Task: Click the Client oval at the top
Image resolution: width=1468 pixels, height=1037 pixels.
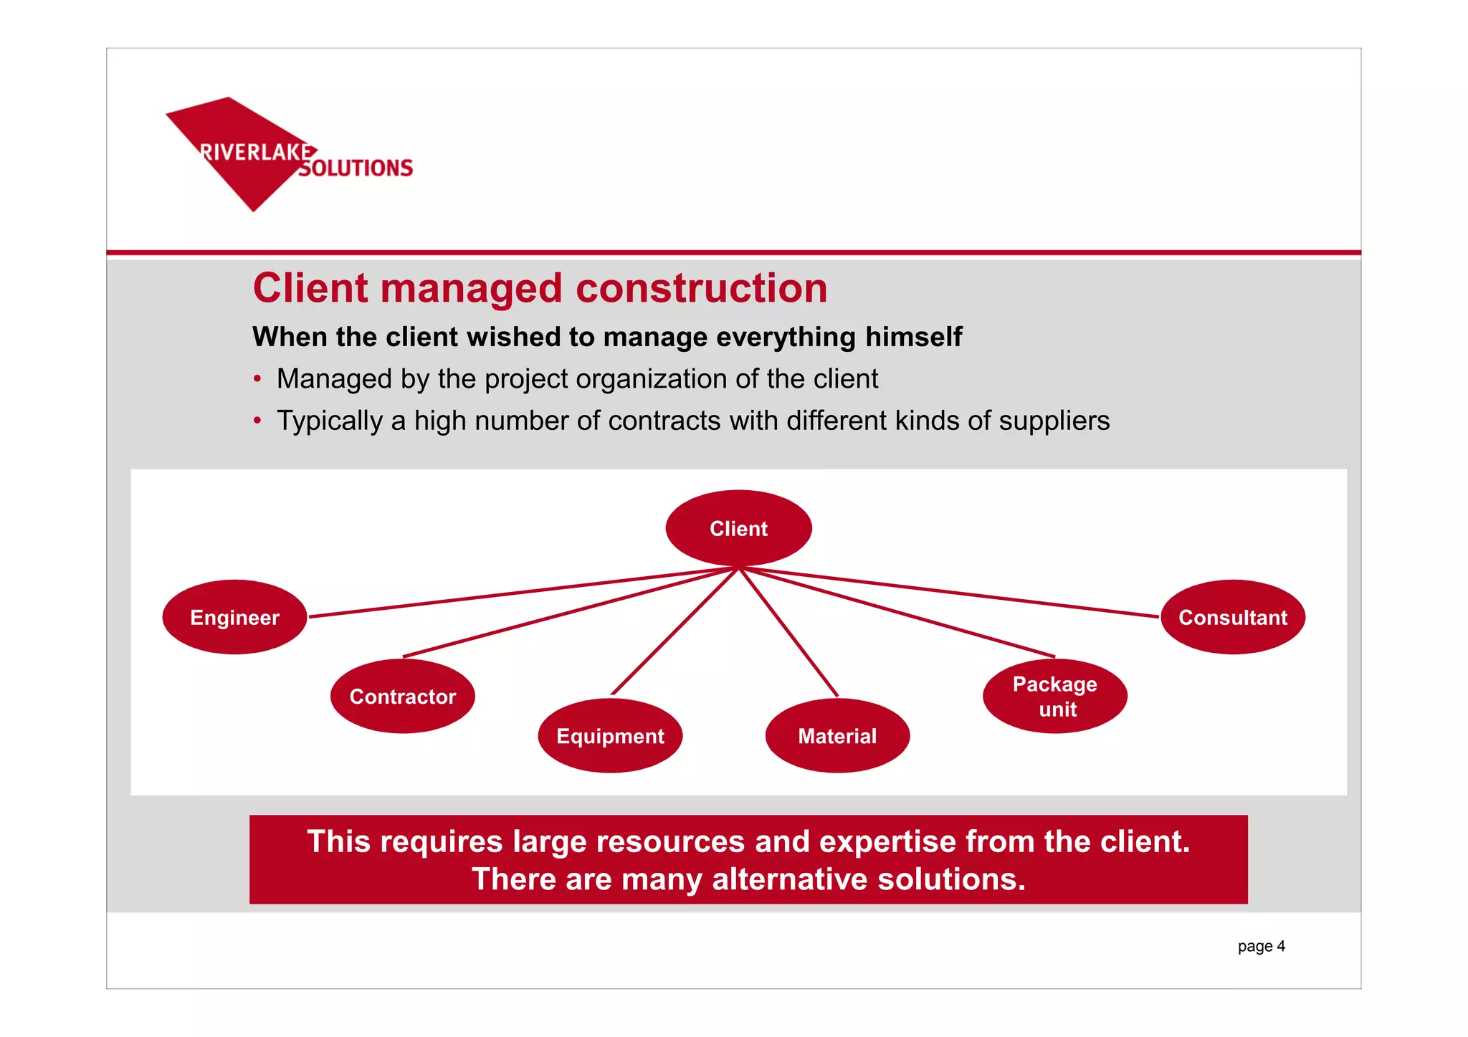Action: [738, 528]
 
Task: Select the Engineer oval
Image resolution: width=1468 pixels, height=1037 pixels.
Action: [234, 617]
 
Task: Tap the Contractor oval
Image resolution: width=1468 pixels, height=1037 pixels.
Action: [402, 696]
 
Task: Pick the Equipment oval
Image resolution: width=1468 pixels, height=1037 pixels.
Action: [610, 736]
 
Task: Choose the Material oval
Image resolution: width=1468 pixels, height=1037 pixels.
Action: [837, 736]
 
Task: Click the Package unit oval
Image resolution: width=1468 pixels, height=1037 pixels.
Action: [1054, 696]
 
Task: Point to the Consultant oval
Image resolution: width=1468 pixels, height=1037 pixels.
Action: [1232, 617]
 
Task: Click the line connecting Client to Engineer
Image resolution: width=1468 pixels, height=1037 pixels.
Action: [523, 592]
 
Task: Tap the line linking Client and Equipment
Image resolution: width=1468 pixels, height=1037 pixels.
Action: [674, 631]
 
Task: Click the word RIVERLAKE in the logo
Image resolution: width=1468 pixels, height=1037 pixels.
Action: [255, 152]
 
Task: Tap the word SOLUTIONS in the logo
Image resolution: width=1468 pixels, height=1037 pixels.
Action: [356, 168]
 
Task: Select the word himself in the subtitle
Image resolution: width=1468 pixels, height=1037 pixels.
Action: [913, 337]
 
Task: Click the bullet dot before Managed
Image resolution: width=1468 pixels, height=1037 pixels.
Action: [257, 378]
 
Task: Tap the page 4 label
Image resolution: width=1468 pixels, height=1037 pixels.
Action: [1261, 946]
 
